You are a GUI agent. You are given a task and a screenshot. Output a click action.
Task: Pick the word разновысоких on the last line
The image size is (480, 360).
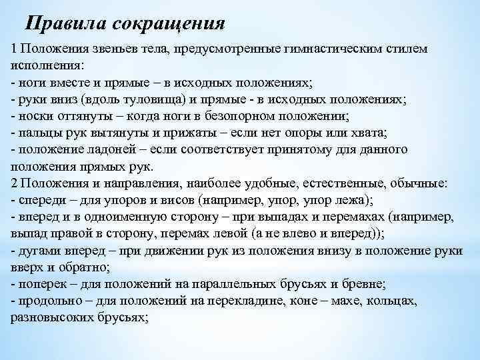47,317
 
